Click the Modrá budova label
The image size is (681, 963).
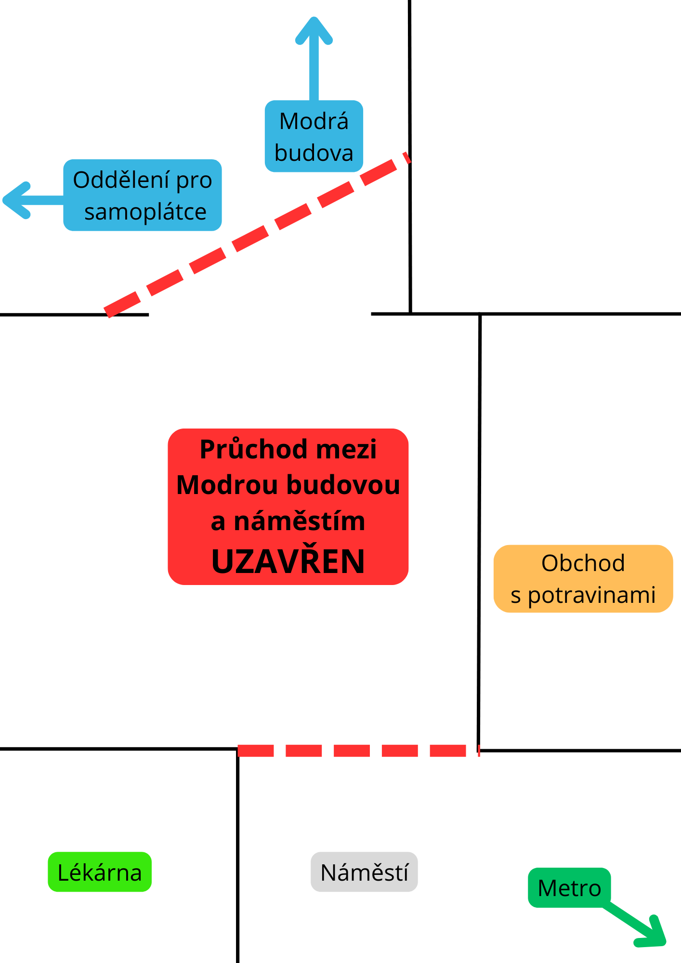pyautogui.click(x=314, y=136)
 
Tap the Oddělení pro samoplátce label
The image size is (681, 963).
pyautogui.click(x=143, y=195)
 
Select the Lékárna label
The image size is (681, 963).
pyautogui.click(x=100, y=872)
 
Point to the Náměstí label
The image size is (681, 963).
pyautogui.click(x=364, y=872)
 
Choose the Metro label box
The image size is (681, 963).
pyautogui.click(x=569, y=888)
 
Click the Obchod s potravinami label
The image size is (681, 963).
pyautogui.click(x=583, y=579)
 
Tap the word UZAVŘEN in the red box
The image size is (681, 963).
pyautogui.click(x=288, y=561)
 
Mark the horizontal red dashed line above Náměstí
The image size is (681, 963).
pyautogui.click(x=352, y=751)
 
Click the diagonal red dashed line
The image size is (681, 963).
pyautogui.click(x=255, y=236)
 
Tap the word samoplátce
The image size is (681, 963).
pyautogui.click(x=145, y=212)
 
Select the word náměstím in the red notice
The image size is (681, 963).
pyautogui.click(x=299, y=521)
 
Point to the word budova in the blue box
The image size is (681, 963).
pyautogui.click(x=314, y=153)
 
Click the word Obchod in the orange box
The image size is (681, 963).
pyautogui.click(x=583, y=563)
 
